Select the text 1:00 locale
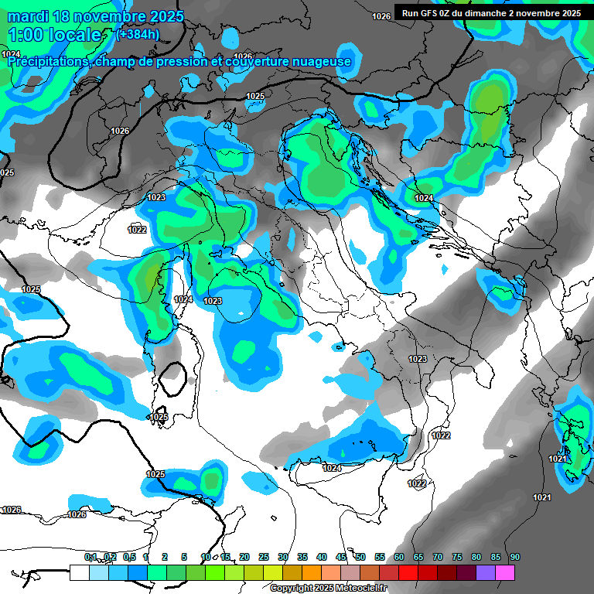click(x=55, y=35)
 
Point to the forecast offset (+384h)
click(x=138, y=35)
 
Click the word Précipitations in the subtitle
click(x=48, y=61)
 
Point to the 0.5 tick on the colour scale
click(x=128, y=557)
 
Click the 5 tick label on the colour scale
click(x=184, y=557)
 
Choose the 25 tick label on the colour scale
click(x=264, y=557)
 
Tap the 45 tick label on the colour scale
click(x=341, y=557)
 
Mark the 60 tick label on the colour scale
click(x=399, y=557)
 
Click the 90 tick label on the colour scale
click(x=514, y=557)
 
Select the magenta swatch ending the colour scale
click(x=505, y=572)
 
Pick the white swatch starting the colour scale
click(x=79, y=572)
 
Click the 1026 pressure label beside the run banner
click(x=381, y=16)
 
